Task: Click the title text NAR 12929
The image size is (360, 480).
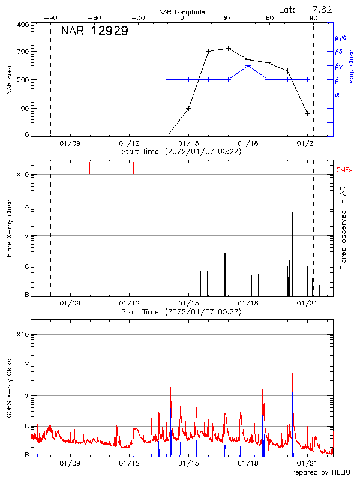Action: pos(94,31)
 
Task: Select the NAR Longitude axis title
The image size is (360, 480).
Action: pos(182,12)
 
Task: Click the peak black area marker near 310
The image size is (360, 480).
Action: pos(229,48)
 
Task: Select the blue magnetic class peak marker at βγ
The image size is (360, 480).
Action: pos(248,65)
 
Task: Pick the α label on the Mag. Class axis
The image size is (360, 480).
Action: pos(337,94)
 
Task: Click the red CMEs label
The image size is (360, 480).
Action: pos(346,170)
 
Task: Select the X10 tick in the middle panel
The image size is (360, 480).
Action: pos(23,175)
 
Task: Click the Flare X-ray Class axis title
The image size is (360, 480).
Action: pos(9,228)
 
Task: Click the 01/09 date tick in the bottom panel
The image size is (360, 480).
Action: pos(70,463)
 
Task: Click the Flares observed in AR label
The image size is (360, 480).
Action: pos(343,228)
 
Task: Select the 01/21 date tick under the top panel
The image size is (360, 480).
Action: pos(307,143)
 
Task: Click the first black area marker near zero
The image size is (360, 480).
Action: pos(169,134)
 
